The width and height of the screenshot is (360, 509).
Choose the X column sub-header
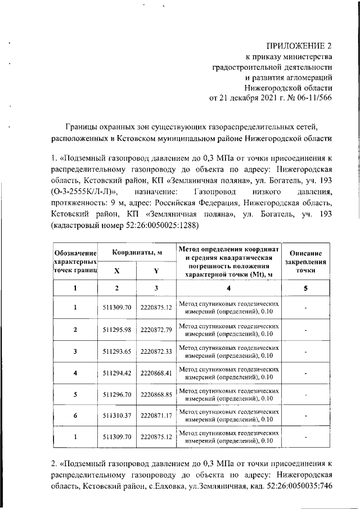click(x=117, y=271)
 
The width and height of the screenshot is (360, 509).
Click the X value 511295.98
click(x=117, y=329)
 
